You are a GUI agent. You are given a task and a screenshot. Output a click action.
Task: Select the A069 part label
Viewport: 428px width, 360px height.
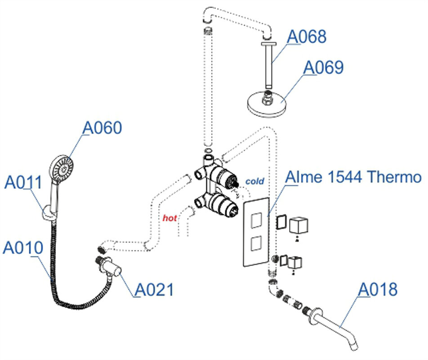323,67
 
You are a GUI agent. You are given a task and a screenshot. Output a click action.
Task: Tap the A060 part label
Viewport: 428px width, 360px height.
102,128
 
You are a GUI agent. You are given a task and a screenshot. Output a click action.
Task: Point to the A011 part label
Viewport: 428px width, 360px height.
23,183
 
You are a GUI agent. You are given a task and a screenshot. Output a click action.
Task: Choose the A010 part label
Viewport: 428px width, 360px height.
23,248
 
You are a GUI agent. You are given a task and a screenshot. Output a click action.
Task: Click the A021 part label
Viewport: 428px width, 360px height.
154,289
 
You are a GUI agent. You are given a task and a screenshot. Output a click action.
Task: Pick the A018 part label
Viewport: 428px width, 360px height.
378,289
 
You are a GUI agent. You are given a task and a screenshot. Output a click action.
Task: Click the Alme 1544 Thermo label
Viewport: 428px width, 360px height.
354,177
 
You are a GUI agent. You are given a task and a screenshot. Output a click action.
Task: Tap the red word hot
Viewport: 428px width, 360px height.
169,218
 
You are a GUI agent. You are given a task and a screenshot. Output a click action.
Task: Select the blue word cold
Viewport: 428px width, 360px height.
254,181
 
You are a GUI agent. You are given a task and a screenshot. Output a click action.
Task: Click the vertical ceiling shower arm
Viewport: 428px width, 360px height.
269,65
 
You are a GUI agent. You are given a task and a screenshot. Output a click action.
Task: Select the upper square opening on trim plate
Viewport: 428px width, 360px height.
255,221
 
